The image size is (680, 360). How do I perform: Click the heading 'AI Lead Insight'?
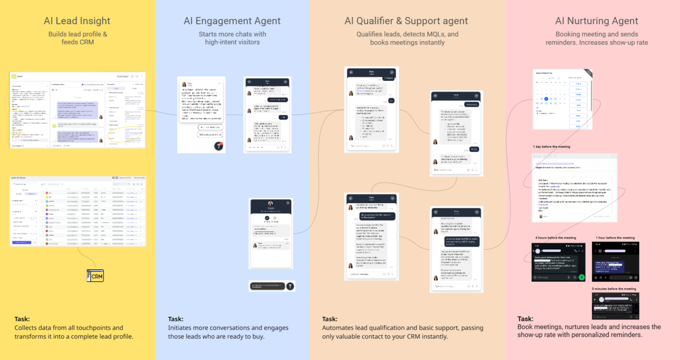click(x=77, y=21)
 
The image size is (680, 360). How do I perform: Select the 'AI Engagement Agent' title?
click(x=232, y=21)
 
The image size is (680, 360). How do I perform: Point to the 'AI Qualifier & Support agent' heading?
click(x=406, y=21)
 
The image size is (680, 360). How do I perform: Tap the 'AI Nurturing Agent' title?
click(x=596, y=21)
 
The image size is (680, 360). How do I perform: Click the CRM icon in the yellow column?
click(x=95, y=276)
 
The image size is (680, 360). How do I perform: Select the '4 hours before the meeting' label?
click(x=555, y=238)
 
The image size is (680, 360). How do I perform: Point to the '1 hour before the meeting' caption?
click(x=615, y=238)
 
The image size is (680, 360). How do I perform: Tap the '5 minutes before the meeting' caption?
click(x=613, y=289)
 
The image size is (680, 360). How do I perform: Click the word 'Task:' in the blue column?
click(x=176, y=319)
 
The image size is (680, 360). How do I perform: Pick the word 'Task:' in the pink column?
click(x=525, y=319)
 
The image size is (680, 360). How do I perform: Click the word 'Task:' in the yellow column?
click(x=22, y=319)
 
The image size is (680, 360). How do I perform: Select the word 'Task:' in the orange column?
click(x=330, y=319)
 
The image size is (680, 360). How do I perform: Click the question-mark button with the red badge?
click(x=218, y=146)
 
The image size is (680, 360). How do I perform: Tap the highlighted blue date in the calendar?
click(x=546, y=99)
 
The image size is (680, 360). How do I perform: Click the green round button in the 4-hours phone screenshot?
click(x=582, y=277)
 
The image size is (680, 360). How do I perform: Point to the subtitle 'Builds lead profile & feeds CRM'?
click(x=77, y=38)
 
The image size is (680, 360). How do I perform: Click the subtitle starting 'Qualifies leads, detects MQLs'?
click(x=407, y=38)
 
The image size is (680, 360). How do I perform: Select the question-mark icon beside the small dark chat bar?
click(x=290, y=286)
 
